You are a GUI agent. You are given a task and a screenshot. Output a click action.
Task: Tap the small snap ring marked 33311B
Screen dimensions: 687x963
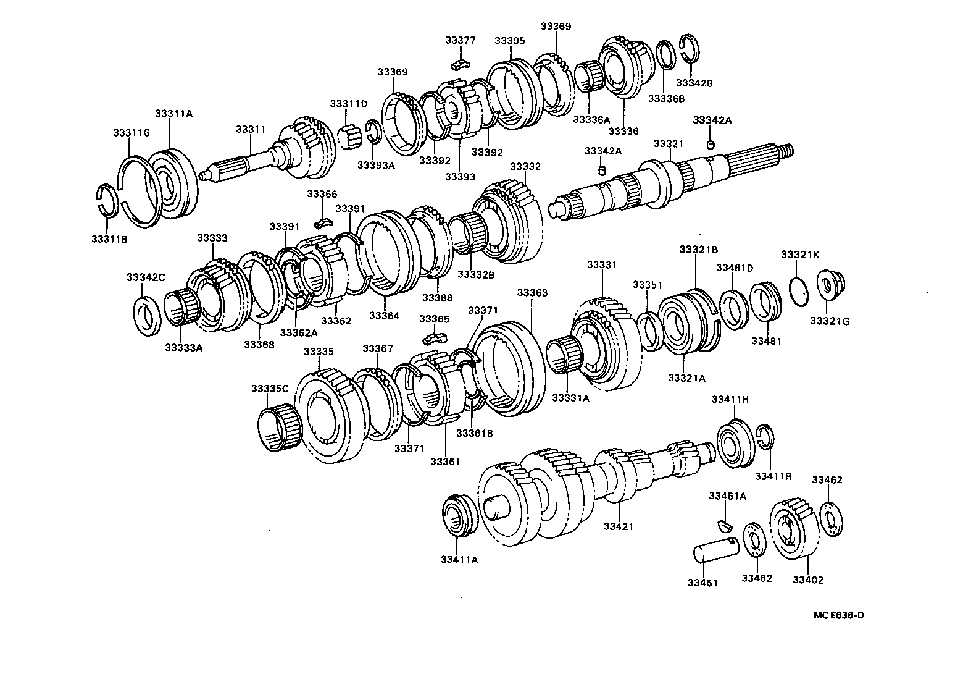point(108,200)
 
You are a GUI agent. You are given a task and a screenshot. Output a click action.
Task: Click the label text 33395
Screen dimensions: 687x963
point(509,41)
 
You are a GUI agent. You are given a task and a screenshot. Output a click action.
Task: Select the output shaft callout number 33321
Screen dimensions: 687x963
point(669,144)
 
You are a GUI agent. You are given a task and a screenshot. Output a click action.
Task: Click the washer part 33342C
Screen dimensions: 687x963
point(148,316)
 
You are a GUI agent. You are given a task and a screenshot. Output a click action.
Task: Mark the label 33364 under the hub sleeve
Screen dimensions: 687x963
point(384,316)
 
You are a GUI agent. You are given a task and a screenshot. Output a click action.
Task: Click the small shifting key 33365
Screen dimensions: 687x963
point(435,339)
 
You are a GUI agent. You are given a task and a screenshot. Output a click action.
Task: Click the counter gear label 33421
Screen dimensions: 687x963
point(618,526)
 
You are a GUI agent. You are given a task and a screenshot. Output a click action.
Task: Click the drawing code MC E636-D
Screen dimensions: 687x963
point(838,615)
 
